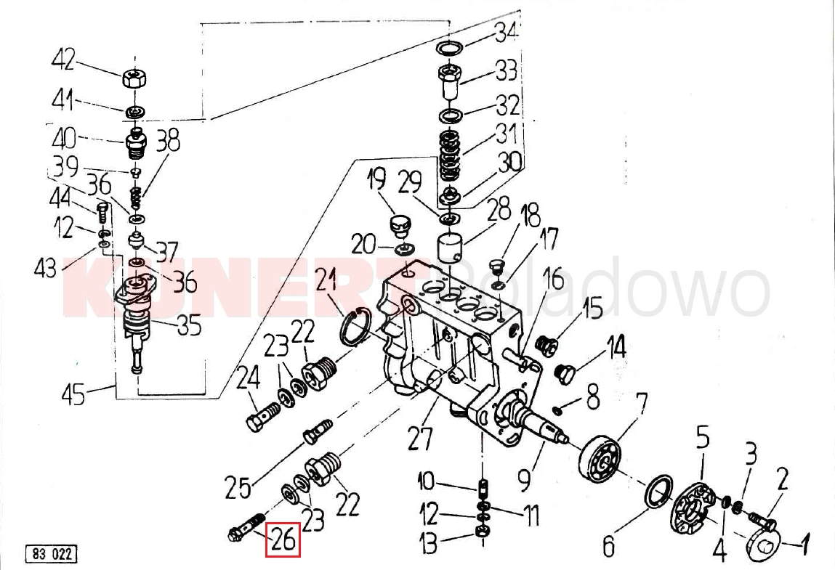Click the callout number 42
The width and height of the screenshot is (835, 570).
tap(63, 59)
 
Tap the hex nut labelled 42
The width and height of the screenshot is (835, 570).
tap(134, 78)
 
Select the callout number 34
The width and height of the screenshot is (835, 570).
tap(506, 32)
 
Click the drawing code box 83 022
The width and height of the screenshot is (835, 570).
tap(51, 554)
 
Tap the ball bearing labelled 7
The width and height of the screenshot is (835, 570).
tap(602, 455)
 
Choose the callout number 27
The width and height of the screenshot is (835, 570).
tap(420, 439)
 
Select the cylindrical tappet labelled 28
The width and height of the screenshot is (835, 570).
tap(451, 251)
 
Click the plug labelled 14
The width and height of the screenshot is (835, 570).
tap(565, 374)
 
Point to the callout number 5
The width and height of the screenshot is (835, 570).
tap(702, 438)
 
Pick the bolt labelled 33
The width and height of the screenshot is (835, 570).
tap(449, 83)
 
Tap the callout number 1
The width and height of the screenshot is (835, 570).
tap(804, 541)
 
